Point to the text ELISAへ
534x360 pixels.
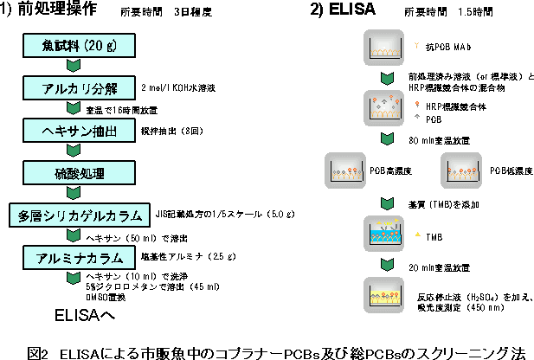(84, 314)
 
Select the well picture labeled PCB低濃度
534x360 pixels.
(460, 170)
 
